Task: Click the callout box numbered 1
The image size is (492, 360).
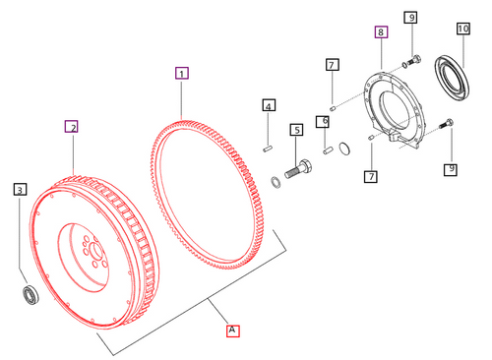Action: click(x=181, y=73)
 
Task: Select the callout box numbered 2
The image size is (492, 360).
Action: click(x=71, y=126)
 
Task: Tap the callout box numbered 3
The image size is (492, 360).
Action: click(x=20, y=188)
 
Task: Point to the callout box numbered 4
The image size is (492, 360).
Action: click(x=268, y=105)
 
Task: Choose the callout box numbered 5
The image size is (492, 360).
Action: click(x=295, y=129)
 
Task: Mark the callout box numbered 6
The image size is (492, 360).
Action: click(x=322, y=121)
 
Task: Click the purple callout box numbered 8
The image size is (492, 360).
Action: click(x=381, y=32)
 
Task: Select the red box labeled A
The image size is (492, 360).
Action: click(x=232, y=330)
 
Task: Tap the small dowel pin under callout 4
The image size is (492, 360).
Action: click(x=268, y=149)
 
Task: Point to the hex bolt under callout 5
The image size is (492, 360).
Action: click(x=299, y=167)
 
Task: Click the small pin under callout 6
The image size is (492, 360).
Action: click(x=325, y=150)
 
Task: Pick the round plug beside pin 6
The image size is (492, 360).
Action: click(x=344, y=150)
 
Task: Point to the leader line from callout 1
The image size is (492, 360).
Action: click(x=181, y=98)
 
